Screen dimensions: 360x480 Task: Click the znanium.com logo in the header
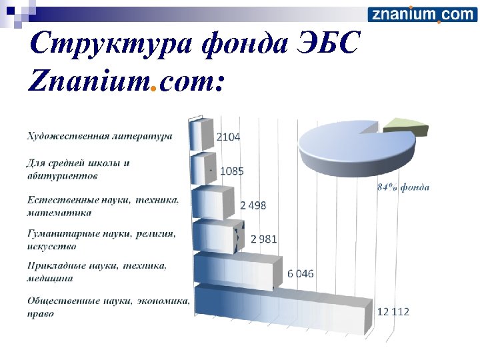point(421,14)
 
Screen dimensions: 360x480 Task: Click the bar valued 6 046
point(234,271)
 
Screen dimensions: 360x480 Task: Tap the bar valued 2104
point(202,135)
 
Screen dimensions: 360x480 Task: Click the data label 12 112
point(393,311)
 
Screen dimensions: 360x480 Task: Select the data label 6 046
point(301,273)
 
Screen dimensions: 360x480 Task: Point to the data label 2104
point(228,137)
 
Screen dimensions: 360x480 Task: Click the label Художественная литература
point(99,136)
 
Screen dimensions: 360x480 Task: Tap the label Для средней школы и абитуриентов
point(78,169)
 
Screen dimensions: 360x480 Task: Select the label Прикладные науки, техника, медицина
point(96,271)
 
